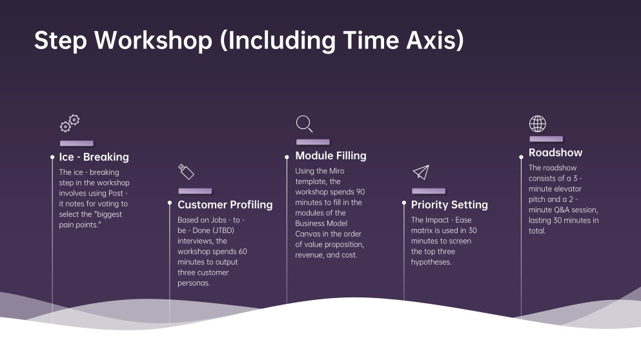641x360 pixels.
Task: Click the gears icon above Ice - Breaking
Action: click(x=70, y=123)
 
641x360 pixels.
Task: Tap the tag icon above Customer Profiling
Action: click(x=186, y=172)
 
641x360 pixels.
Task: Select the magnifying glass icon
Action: click(x=305, y=124)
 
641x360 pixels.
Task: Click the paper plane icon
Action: click(x=421, y=172)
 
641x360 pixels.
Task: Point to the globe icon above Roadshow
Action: click(x=538, y=123)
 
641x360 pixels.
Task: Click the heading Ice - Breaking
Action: click(x=94, y=157)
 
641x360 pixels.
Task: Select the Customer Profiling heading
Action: click(x=225, y=205)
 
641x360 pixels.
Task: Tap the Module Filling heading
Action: click(x=331, y=155)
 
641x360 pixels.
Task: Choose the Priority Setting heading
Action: click(x=450, y=205)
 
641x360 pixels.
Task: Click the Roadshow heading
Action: click(x=556, y=152)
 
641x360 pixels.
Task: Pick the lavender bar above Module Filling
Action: click(x=313, y=142)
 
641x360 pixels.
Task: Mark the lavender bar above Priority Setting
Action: click(x=429, y=191)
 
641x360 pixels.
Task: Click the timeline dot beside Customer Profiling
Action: click(x=170, y=203)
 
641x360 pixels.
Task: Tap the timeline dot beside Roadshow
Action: click(x=521, y=157)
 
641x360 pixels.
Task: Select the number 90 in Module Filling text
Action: click(x=361, y=192)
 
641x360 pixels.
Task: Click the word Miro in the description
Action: click(x=337, y=171)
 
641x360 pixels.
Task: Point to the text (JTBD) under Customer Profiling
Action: click(x=223, y=230)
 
